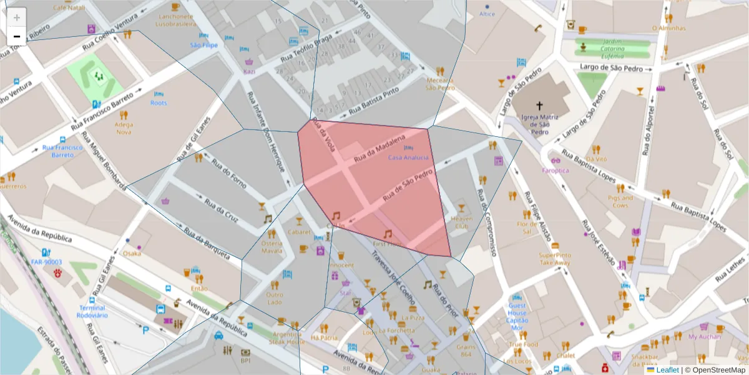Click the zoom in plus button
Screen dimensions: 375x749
pyautogui.click(x=17, y=17)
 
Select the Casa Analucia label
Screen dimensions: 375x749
pyautogui.click(x=408, y=157)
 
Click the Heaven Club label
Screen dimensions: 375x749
pyautogui.click(x=462, y=222)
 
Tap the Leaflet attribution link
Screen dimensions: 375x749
pyautogui.click(x=667, y=370)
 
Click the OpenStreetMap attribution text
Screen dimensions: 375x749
pyautogui.click(x=714, y=370)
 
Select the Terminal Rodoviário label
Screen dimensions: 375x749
pyautogui.click(x=92, y=311)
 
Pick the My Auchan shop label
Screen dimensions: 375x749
pyautogui.click(x=704, y=337)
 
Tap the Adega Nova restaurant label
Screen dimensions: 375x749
pyautogui.click(x=124, y=128)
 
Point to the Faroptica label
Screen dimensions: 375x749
pyautogui.click(x=555, y=170)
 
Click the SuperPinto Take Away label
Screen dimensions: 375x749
pyautogui.click(x=555, y=259)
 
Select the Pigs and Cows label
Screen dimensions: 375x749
pyautogui.click(x=620, y=201)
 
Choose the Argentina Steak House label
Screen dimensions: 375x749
pyautogui.click(x=287, y=338)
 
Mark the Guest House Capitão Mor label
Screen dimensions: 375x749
pyautogui.click(x=517, y=316)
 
